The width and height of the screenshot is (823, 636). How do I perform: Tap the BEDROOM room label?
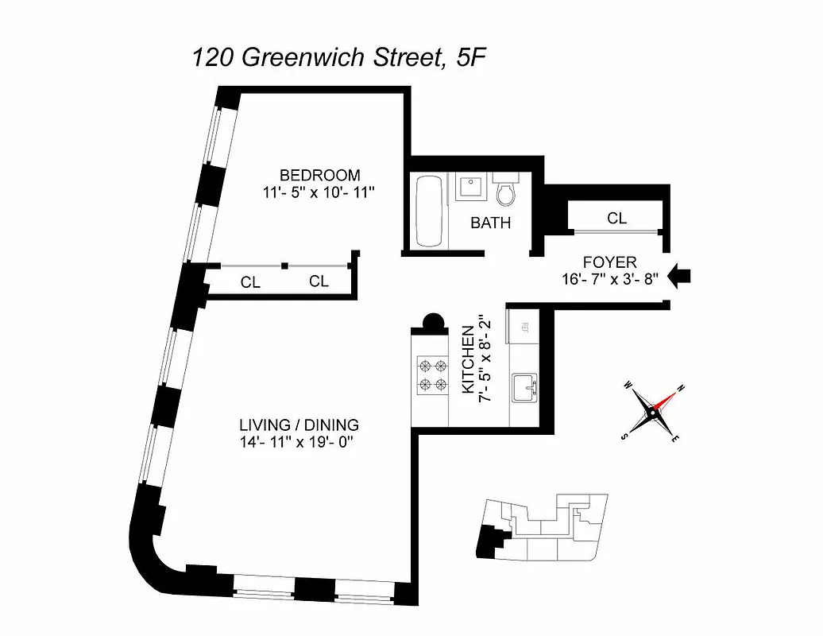(319, 175)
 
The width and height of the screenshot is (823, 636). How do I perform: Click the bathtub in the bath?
(430, 211)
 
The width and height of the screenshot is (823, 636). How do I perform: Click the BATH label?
(490, 223)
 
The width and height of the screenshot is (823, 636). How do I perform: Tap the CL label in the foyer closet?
(616, 218)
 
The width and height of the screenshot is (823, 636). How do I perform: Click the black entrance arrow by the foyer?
(680, 276)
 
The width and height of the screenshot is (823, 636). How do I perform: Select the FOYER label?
(609, 262)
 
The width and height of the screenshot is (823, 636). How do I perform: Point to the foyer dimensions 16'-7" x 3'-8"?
(609, 278)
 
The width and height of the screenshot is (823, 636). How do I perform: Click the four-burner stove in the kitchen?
(433, 375)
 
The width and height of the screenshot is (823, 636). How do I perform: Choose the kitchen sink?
(525, 388)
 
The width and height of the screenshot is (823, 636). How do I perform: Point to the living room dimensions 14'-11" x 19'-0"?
(299, 442)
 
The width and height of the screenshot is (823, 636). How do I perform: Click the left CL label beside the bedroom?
(250, 281)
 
